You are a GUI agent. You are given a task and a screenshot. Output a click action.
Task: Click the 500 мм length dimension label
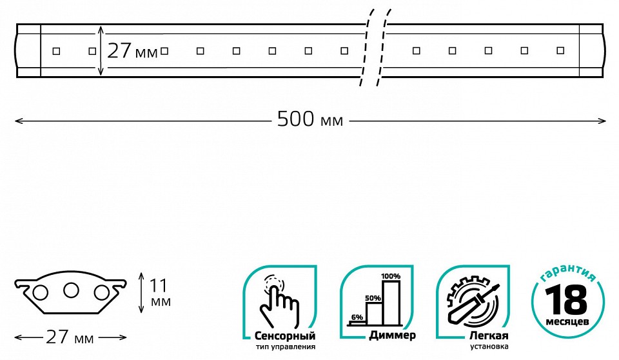tap(309, 119)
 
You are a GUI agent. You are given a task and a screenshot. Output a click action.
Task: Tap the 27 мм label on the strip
tap(132, 51)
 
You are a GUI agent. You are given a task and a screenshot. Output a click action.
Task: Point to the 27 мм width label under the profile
tap(70, 337)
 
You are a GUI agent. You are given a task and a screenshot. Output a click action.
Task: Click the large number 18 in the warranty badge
tap(567, 299)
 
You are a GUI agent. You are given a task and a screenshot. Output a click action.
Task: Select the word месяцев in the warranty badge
tap(567, 321)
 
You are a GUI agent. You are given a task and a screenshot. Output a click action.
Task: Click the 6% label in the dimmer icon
tap(357, 317)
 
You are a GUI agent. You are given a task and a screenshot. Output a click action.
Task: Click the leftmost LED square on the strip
tap(56, 50)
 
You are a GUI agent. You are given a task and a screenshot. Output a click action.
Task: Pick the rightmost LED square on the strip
tap(560, 50)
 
